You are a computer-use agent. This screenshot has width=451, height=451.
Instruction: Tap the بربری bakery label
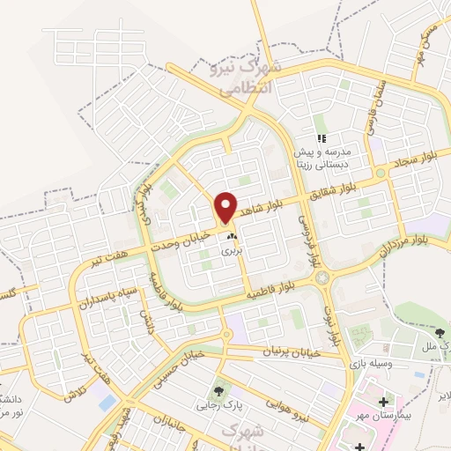(231, 251)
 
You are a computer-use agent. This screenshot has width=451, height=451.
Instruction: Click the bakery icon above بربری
(232, 236)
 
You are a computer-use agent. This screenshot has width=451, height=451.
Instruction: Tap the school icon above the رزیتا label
(322, 138)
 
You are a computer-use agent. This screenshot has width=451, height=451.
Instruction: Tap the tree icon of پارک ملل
(440, 331)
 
